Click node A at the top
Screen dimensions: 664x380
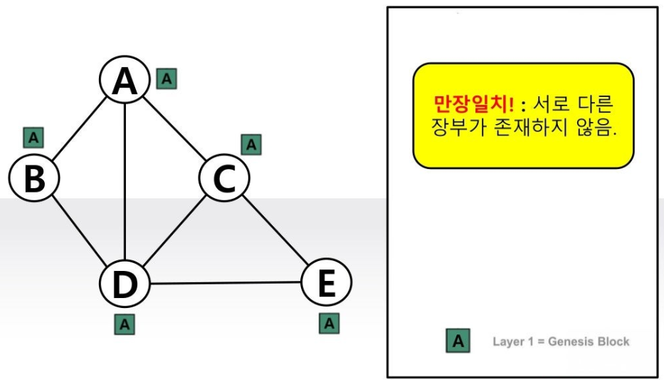125,81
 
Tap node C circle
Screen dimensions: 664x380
223,178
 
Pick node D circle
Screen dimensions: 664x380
125,284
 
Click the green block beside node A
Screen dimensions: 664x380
167,78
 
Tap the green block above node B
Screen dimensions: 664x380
33,137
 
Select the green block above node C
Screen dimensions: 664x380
251,144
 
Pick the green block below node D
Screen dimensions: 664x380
125,324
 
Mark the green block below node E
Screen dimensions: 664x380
329,323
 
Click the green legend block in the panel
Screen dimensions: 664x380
458,341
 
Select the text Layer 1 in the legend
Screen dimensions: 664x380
512,342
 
